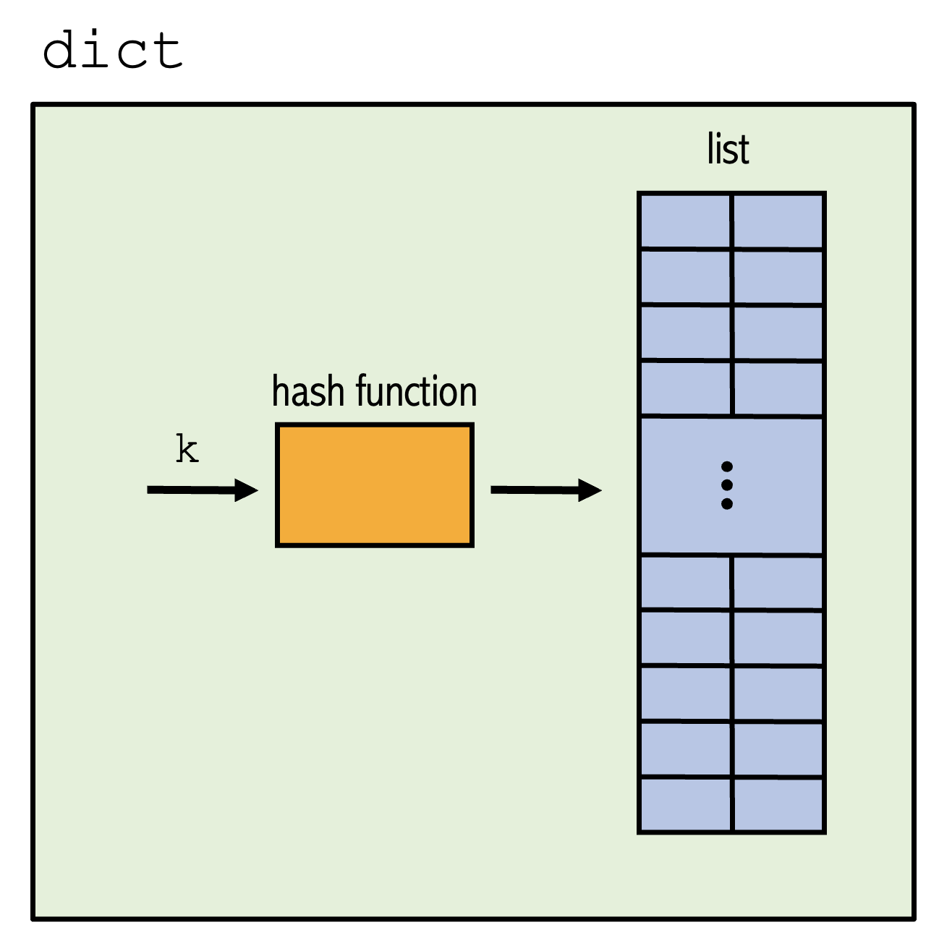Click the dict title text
click(112, 50)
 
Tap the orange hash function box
click(374, 485)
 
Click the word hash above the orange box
click(307, 391)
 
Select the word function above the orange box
click(416, 391)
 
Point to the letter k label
click(187, 449)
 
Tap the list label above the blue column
click(728, 149)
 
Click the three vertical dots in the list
click(727, 485)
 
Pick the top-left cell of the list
click(686, 221)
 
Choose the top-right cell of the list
click(778, 221)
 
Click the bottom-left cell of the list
click(686, 805)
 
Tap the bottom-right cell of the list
click(778, 805)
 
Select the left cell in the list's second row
click(686, 276)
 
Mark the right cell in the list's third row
click(778, 333)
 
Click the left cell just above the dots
click(686, 388)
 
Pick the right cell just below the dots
click(778, 582)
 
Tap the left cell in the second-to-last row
click(686, 749)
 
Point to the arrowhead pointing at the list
click(590, 490)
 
